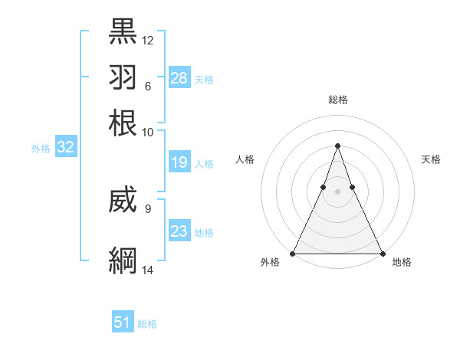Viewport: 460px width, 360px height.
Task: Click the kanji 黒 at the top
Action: [123, 31]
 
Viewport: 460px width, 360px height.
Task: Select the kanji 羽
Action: [123, 77]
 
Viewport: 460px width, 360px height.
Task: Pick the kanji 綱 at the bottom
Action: [123, 260]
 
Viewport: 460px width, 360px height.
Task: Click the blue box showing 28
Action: [179, 77]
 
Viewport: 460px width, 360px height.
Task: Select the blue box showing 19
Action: [179, 162]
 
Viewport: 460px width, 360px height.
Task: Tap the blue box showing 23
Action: [179, 231]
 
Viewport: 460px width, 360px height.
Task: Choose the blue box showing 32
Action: [65, 148]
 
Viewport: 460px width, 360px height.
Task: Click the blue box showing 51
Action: [123, 322]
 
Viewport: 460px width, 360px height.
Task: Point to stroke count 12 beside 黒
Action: [148, 40]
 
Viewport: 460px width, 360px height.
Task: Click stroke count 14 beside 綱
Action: [148, 270]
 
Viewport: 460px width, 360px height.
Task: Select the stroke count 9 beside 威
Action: [148, 208]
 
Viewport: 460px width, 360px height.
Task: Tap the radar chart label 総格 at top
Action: [337, 100]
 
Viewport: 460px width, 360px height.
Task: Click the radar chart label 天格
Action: [431, 159]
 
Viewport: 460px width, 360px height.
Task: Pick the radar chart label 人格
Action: [245, 159]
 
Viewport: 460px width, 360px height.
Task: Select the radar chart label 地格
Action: [402, 262]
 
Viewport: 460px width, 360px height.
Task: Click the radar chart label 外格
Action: [270, 262]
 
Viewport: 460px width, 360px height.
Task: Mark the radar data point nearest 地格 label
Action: [382, 253]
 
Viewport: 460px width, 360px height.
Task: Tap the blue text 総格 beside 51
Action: [147, 324]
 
